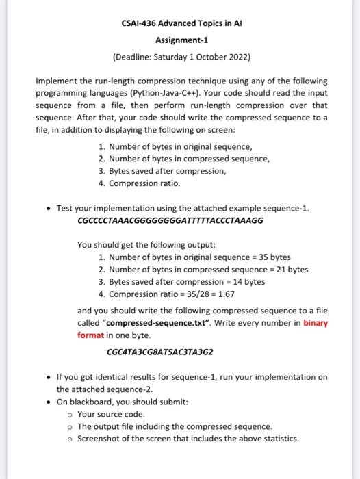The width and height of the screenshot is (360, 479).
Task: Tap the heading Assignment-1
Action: pyautogui.click(x=180, y=40)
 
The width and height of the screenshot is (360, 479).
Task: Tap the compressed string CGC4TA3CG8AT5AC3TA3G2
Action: pyautogui.click(x=160, y=352)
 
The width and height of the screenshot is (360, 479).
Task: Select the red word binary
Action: pyautogui.click(x=316, y=323)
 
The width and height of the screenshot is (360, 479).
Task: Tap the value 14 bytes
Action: pyautogui.click(x=245, y=282)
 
